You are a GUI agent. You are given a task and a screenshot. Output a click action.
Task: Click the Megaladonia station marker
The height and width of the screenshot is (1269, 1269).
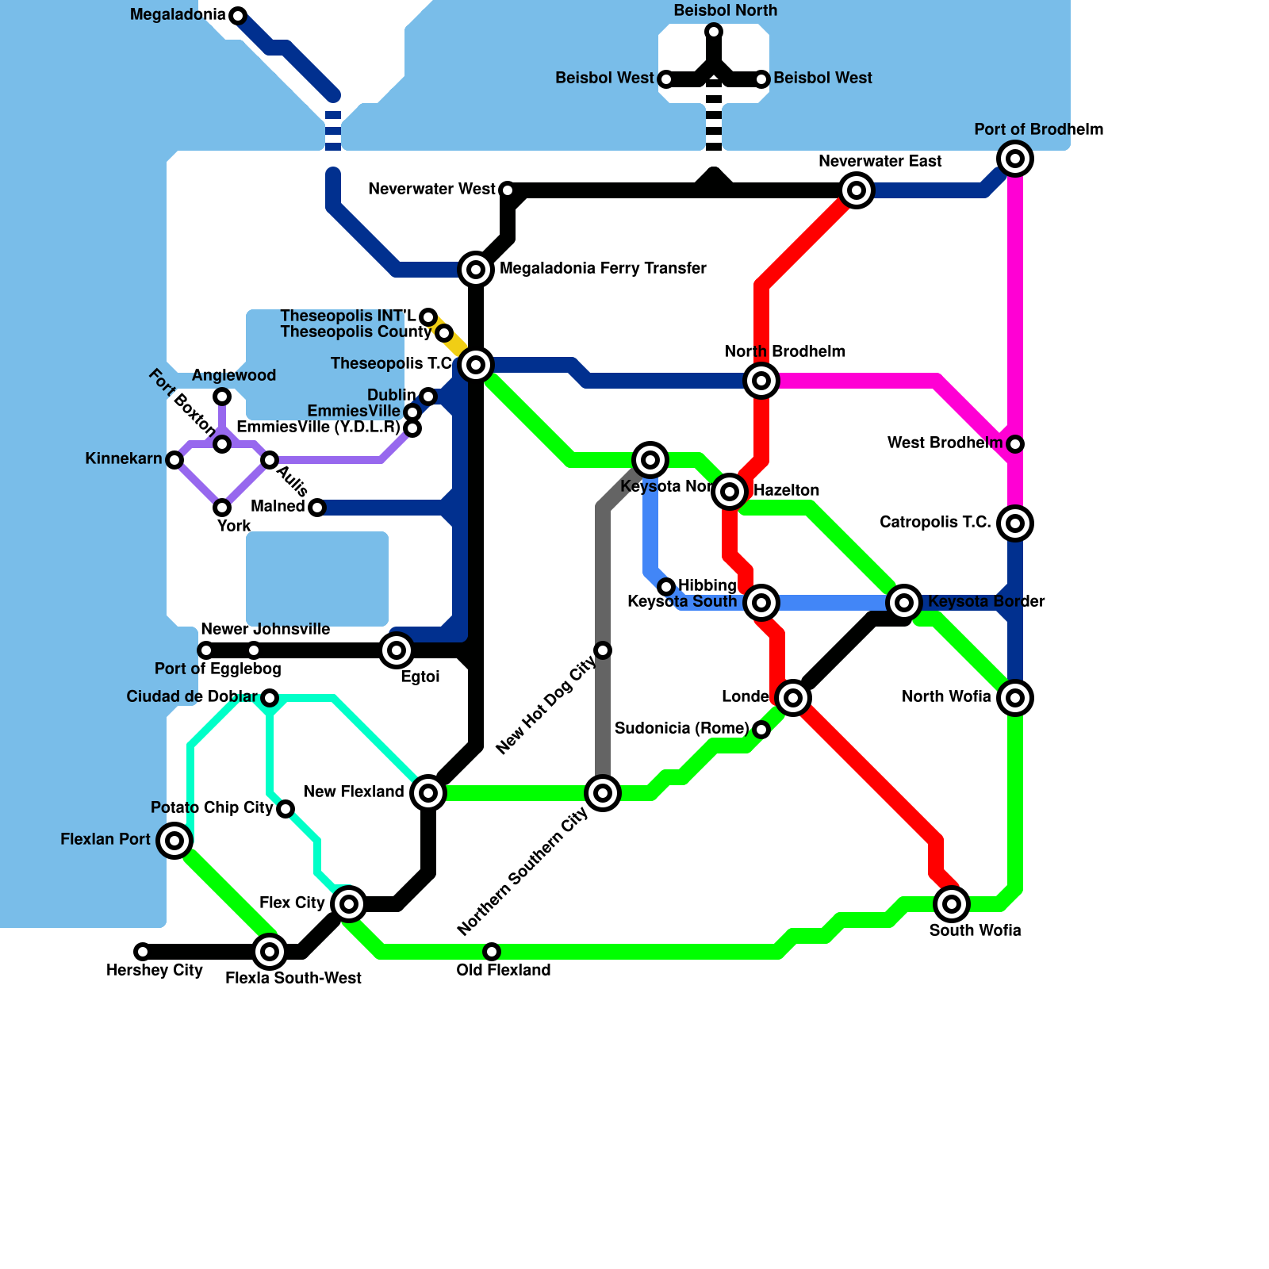coord(238,15)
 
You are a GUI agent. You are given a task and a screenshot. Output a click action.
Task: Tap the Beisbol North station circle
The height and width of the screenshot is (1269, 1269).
coord(714,32)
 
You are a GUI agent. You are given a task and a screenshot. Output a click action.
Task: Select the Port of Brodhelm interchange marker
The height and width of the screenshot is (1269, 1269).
coord(1015,159)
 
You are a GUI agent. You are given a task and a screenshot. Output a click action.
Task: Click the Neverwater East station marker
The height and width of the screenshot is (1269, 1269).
coord(857,190)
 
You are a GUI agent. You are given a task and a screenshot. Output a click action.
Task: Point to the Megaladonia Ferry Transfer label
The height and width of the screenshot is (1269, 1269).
coord(603,269)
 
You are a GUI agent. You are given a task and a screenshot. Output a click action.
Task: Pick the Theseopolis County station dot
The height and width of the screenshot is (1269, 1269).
coord(444,332)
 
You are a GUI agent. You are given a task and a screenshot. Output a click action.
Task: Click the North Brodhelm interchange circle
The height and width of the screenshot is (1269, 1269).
coord(761,381)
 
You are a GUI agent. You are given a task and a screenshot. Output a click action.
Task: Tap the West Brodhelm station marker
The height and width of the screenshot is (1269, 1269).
coord(1015,444)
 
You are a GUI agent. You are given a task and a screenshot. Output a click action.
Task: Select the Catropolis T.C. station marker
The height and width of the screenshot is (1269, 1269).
coord(1015,523)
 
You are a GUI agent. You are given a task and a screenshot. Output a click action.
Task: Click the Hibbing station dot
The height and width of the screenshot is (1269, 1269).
coord(666,587)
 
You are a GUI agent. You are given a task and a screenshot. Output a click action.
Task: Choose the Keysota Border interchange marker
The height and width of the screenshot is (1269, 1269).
coord(904,603)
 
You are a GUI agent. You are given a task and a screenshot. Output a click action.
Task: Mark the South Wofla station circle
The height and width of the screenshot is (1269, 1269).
coord(952,904)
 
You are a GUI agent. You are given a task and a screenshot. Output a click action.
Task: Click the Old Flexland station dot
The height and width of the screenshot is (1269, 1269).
coord(492,952)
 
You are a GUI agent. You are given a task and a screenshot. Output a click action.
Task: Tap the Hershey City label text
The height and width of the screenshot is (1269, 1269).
coord(155,971)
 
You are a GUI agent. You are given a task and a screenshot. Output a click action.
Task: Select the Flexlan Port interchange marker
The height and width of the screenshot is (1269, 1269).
coord(174,841)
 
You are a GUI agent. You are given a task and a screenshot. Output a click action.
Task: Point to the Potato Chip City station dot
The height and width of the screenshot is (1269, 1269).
coord(286,809)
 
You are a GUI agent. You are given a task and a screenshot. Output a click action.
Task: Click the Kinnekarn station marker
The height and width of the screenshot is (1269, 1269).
coord(174,460)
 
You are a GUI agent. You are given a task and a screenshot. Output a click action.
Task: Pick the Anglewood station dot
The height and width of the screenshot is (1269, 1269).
coord(222,397)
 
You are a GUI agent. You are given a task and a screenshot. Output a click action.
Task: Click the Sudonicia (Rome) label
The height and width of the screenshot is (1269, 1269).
coord(681,729)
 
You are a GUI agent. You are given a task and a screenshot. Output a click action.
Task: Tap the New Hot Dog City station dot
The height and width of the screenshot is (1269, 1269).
coord(603,650)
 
